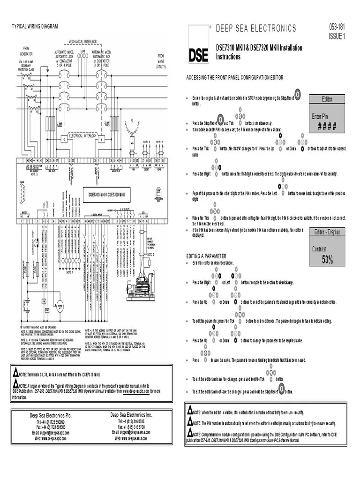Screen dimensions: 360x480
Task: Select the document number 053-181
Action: point(336,28)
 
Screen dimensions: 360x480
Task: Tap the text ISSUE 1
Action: point(337,36)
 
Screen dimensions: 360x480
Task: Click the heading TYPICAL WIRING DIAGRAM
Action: point(35,27)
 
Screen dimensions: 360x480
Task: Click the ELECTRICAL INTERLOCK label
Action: point(82,135)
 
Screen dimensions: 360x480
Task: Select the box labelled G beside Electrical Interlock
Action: point(64,140)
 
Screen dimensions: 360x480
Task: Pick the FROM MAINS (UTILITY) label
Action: point(161,60)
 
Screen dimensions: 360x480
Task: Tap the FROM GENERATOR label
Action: point(26,51)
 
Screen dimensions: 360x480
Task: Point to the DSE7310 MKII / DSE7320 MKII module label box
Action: point(106,194)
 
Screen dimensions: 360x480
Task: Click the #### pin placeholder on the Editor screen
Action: point(327,126)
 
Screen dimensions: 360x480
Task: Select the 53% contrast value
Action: point(327,260)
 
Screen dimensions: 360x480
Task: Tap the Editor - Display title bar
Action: point(327,232)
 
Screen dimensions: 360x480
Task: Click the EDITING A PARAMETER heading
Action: point(206,256)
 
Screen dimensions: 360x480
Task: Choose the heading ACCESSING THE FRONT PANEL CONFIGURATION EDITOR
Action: point(234,77)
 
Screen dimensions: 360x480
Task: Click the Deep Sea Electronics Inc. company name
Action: point(131,415)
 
